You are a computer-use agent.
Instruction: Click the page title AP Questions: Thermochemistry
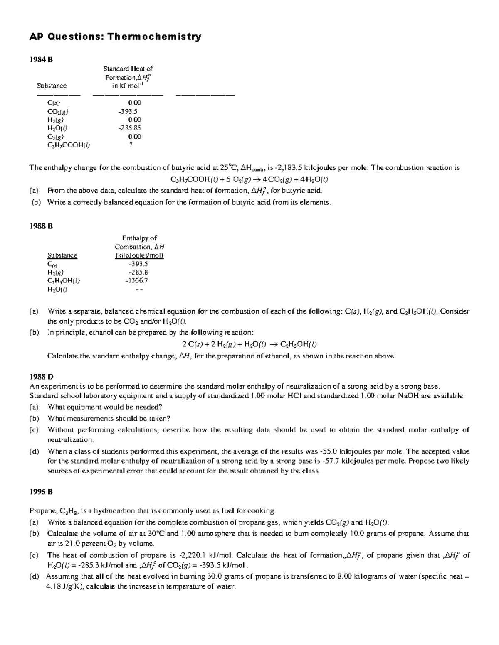click(x=115, y=37)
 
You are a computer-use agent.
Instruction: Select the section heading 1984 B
click(x=41, y=59)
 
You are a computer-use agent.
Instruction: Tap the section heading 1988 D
click(x=41, y=377)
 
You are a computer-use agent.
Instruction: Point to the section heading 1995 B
click(x=41, y=492)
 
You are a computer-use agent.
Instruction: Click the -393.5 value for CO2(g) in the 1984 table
click(x=128, y=111)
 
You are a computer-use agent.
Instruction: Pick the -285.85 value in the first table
click(x=130, y=128)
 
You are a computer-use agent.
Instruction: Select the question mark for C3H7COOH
click(x=131, y=145)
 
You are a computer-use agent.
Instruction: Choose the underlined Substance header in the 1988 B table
click(x=62, y=255)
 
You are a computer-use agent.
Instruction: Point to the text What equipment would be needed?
click(x=105, y=407)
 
